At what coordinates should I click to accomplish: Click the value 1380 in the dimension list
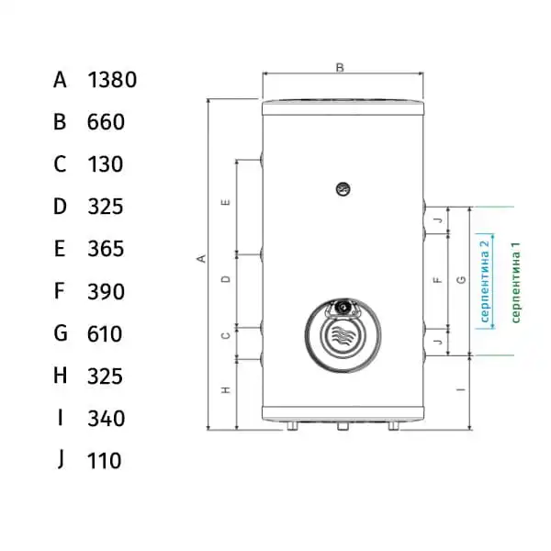click(112, 80)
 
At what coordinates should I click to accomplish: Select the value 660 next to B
click(106, 122)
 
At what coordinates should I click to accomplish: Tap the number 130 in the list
click(106, 164)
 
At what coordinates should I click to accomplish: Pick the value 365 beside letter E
click(106, 249)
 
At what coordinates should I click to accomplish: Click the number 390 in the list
click(107, 292)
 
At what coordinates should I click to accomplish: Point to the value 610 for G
click(105, 334)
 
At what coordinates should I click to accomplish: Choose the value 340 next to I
click(107, 419)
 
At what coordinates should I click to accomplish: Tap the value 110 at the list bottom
click(105, 461)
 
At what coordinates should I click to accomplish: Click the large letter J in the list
click(62, 459)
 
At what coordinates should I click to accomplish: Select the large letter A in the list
click(60, 80)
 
